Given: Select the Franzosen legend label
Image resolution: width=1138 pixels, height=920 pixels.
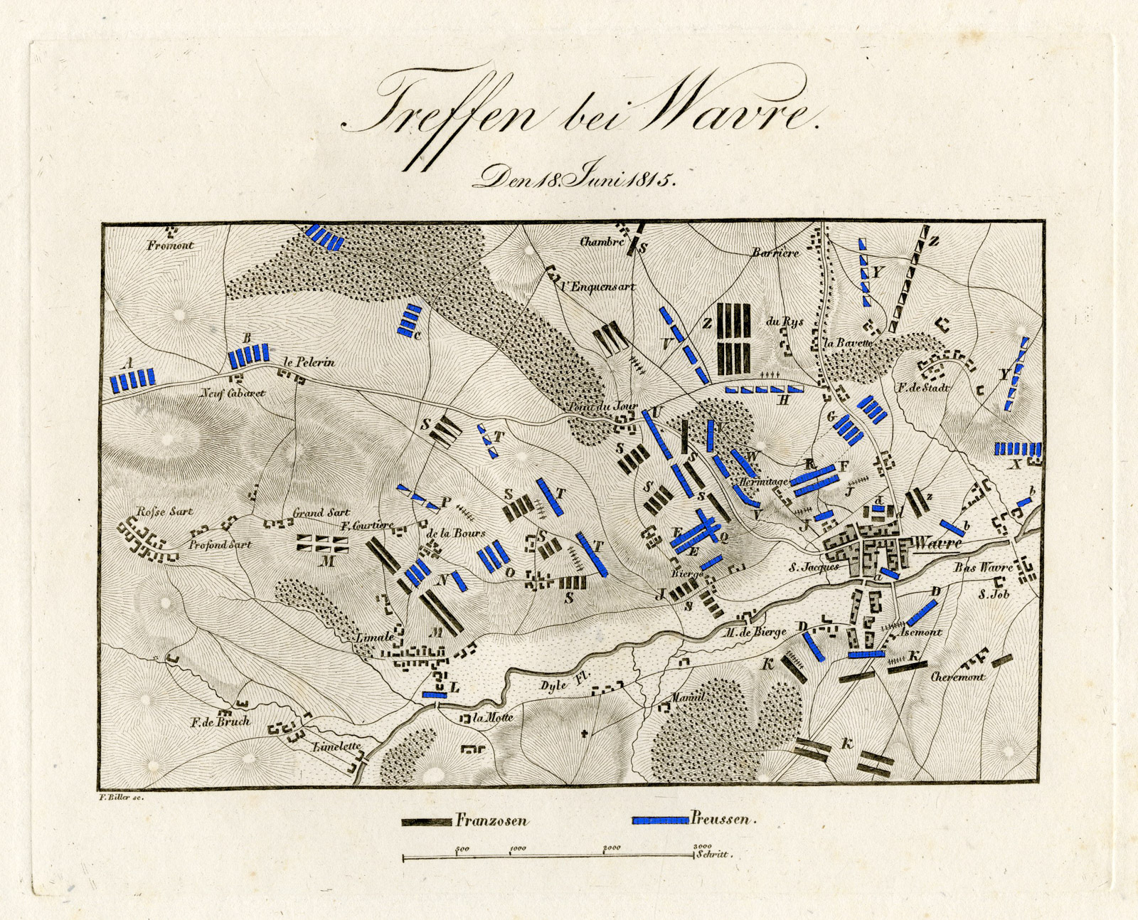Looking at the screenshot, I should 491,820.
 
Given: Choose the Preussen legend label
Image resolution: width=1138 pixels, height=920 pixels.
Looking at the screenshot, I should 720,819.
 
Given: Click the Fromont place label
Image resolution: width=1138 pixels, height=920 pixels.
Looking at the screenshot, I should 171,245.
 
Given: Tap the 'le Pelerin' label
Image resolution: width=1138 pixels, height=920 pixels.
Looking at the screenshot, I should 309,362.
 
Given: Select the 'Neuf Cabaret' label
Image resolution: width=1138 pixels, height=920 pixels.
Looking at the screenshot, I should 232,393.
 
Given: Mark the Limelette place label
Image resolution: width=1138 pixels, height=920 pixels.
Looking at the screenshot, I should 337,747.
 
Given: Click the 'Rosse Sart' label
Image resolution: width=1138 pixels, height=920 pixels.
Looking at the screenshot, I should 164,512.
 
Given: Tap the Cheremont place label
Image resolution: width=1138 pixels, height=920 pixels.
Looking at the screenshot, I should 958,677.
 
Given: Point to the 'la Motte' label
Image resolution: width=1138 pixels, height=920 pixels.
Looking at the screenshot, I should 493,717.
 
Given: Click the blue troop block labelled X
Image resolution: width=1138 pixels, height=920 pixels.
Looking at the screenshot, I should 1017,449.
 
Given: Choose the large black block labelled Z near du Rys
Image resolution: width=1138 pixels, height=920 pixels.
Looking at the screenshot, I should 734,339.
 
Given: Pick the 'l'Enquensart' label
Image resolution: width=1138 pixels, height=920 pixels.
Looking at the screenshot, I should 597,287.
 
